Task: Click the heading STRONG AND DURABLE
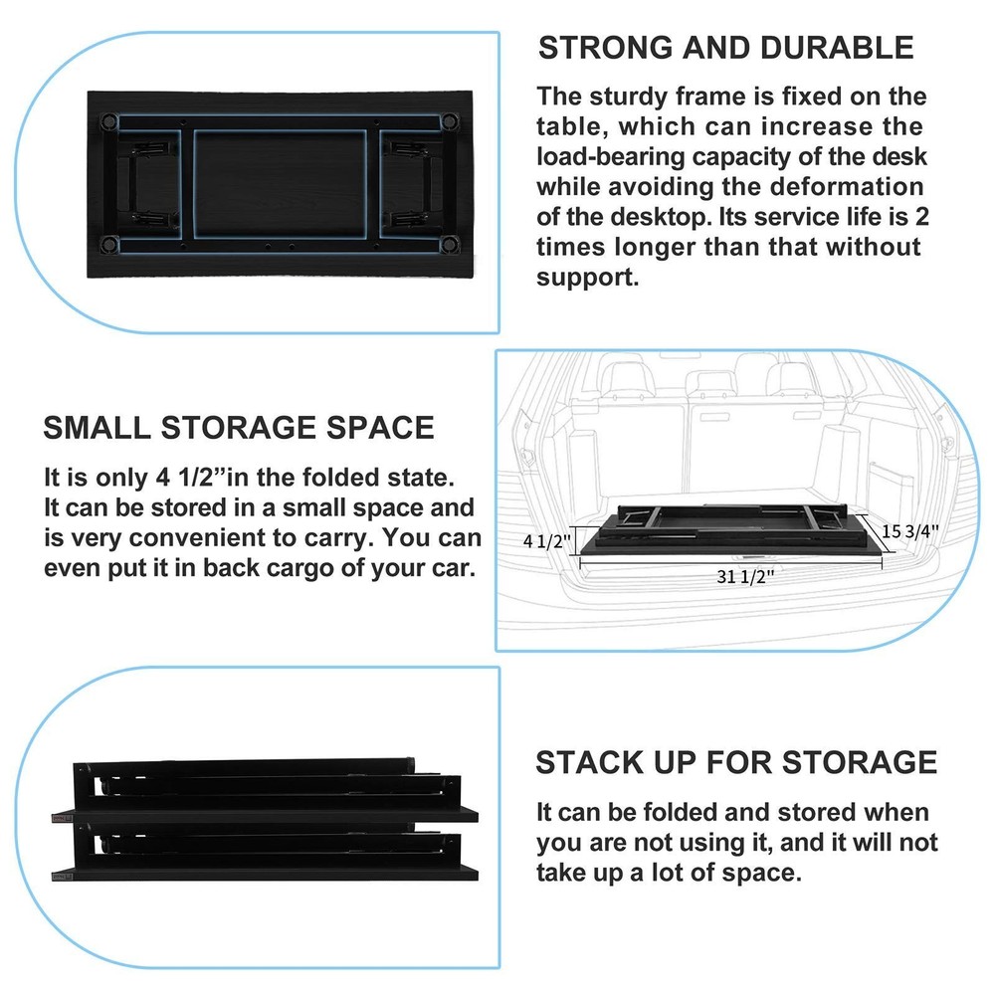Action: click(725, 48)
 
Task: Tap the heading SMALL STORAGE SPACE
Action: click(239, 428)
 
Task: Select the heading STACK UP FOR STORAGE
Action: click(736, 762)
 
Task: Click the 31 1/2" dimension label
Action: click(745, 576)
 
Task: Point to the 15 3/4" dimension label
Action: click(910, 530)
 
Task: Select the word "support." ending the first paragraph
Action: click(588, 278)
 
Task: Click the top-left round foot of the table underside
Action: click(108, 119)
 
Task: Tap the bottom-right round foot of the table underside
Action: click(450, 244)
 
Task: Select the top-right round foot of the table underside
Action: click(450, 119)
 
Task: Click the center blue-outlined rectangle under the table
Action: click(281, 184)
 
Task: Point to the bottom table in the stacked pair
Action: click(265, 853)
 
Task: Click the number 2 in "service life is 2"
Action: click(922, 217)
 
